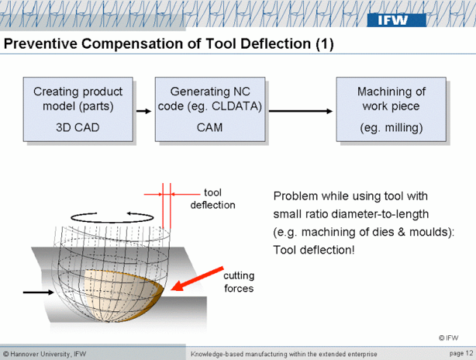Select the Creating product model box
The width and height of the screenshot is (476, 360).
coord(78,109)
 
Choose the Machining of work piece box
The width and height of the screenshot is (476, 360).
coord(391,109)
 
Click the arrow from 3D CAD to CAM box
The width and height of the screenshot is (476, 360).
coord(142,111)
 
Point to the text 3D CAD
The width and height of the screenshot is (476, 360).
coord(78,127)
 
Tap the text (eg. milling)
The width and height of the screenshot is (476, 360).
coord(391,127)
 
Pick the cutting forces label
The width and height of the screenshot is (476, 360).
coord(238,282)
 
